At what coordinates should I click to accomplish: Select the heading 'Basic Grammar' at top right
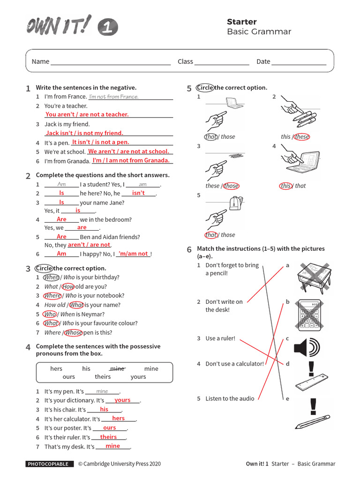click(x=259, y=32)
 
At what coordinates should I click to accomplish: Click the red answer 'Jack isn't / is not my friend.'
click(x=84, y=133)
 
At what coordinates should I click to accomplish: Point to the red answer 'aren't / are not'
click(x=89, y=245)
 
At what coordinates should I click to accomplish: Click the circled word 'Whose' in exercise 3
click(x=73, y=333)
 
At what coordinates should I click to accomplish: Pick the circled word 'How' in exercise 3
click(x=68, y=287)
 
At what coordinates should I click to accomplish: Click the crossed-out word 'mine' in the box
click(x=117, y=369)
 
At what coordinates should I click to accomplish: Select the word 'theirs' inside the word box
click(x=103, y=377)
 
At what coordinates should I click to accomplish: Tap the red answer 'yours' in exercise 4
click(x=122, y=400)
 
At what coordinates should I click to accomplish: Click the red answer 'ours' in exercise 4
click(x=110, y=428)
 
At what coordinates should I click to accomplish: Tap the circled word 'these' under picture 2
click(x=301, y=137)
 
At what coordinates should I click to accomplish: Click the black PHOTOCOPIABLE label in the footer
click(x=50, y=464)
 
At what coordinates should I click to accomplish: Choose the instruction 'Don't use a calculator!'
click(x=234, y=364)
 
